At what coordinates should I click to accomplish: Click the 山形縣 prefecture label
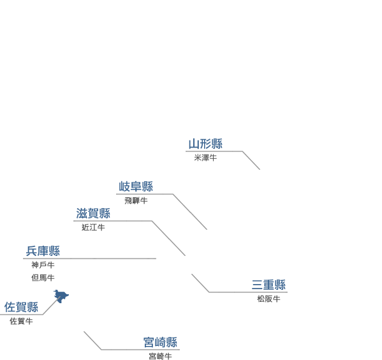[x=205, y=144]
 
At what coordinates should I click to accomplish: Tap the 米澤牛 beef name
[x=205, y=158]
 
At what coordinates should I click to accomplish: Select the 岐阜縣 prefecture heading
[x=136, y=186]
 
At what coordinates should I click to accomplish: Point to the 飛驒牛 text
[x=136, y=200]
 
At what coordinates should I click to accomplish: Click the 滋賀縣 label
[x=93, y=213]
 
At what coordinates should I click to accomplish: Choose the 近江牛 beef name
[x=93, y=228]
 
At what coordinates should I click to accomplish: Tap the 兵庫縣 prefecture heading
[x=43, y=251]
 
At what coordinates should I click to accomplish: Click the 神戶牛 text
[x=43, y=265]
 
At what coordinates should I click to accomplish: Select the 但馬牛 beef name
[x=43, y=278]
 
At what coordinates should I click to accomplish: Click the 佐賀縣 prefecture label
[x=21, y=307]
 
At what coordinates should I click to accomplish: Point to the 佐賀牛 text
[x=21, y=321]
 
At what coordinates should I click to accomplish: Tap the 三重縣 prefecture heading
[x=268, y=285]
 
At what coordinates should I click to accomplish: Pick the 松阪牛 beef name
[x=268, y=299]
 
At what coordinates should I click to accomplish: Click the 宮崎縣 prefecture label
[x=160, y=342]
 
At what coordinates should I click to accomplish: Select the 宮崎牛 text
[x=160, y=356]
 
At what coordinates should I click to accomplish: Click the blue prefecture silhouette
[x=61, y=296]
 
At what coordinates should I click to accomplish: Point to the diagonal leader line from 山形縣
[x=251, y=160]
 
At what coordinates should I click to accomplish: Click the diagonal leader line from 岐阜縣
[x=190, y=212]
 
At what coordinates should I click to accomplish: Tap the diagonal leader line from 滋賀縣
[x=168, y=238]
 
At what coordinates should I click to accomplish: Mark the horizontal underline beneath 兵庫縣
[x=90, y=259]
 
